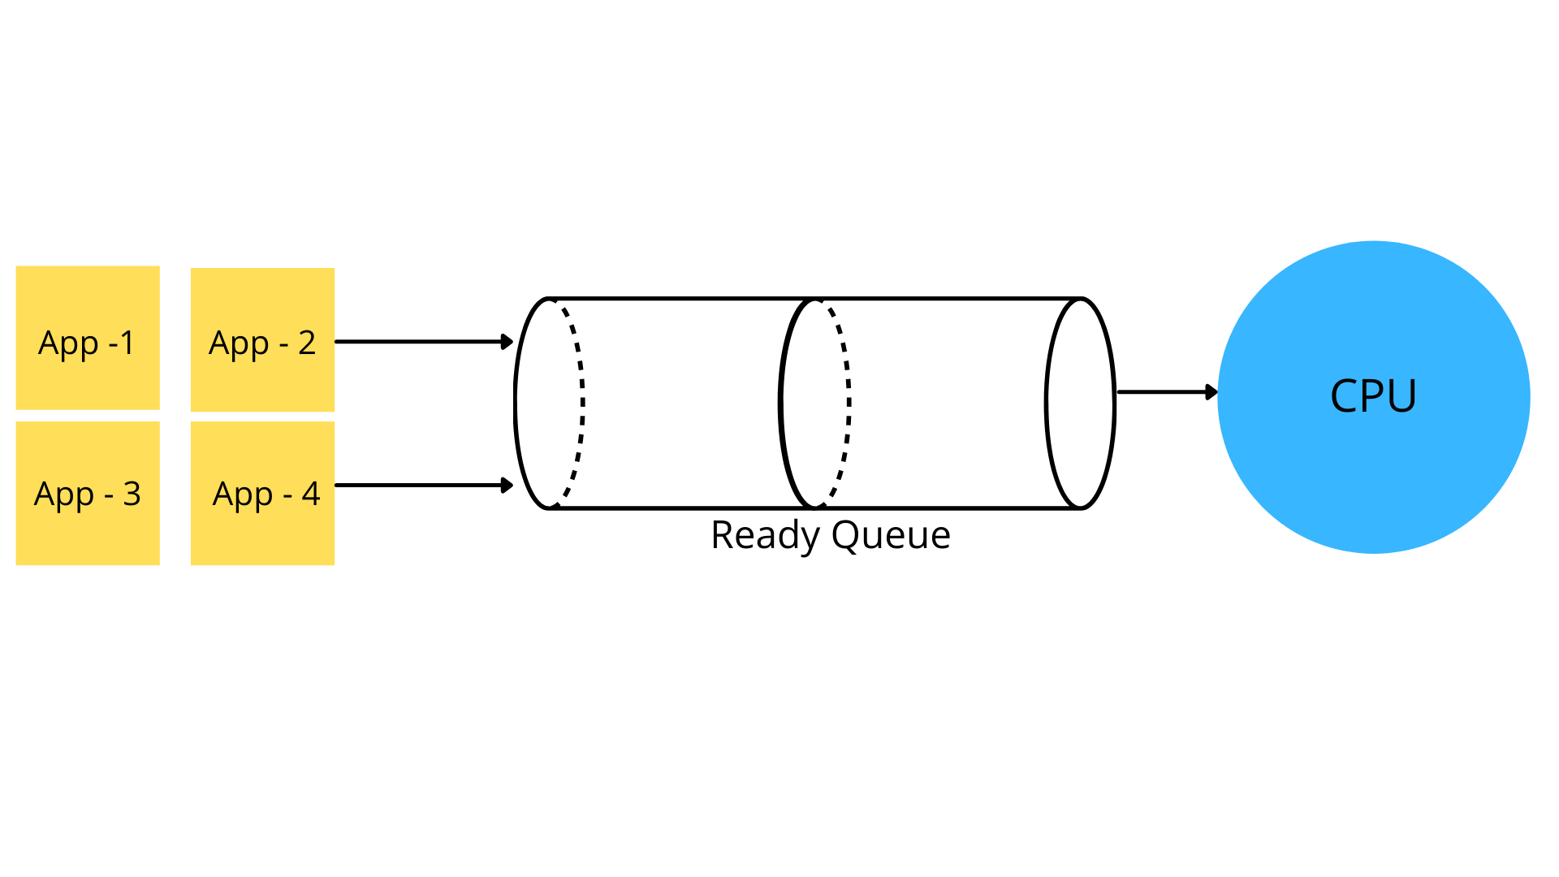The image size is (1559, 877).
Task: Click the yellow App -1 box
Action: point(88,337)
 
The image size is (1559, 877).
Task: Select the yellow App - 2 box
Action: point(262,339)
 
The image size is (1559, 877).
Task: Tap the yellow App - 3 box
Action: point(88,493)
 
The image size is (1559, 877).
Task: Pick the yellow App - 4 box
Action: point(262,493)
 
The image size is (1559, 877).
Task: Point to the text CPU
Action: point(1373,396)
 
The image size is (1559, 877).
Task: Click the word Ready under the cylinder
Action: point(765,536)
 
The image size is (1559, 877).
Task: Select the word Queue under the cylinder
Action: point(891,536)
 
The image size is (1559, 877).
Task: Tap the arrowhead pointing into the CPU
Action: point(1211,392)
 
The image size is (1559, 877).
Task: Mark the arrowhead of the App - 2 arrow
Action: point(507,342)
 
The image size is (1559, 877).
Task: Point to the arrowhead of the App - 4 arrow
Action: point(507,486)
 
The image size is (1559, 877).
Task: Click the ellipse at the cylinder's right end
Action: point(1080,404)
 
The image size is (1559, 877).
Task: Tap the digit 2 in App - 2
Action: point(307,343)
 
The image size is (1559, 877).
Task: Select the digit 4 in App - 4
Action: point(311,494)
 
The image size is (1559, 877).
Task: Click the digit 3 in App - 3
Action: point(132,494)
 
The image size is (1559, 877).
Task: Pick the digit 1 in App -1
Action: point(127,343)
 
